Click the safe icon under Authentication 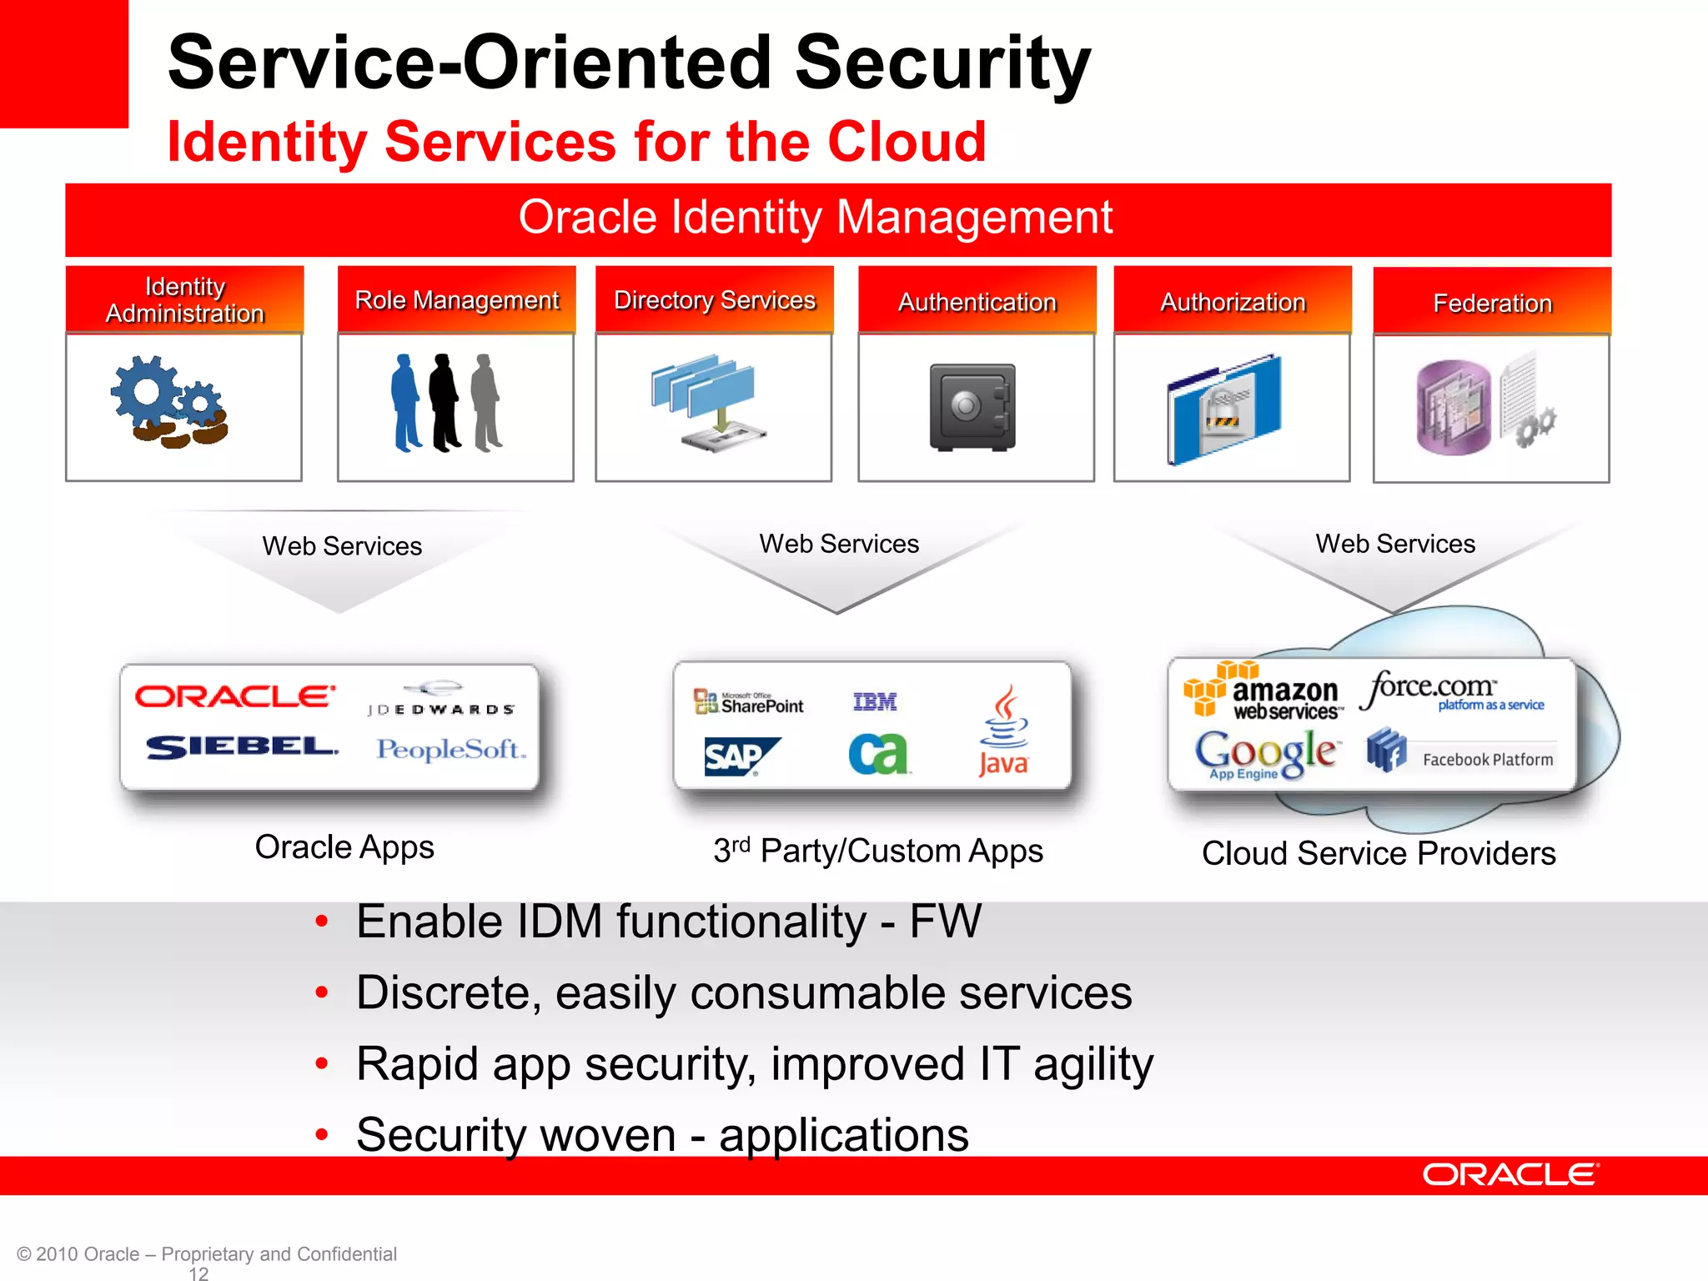[972, 407]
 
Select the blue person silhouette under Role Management [405, 403]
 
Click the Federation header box [1491, 302]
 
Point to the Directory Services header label [714, 300]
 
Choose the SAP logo [739, 756]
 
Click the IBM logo [874, 702]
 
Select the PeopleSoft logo [450, 749]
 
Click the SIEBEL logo [242, 746]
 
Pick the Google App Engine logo [1266, 754]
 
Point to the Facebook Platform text [1487, 760]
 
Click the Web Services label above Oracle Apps [342, 546]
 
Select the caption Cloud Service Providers [1378, 853]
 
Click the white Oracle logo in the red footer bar [1510, 1174]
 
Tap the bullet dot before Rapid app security [322, 1063]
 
